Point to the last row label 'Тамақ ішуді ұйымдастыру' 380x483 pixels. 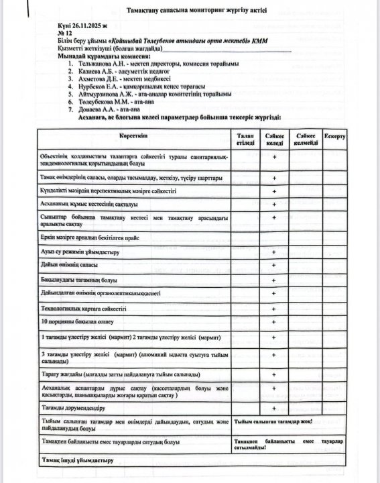(78, 461)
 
